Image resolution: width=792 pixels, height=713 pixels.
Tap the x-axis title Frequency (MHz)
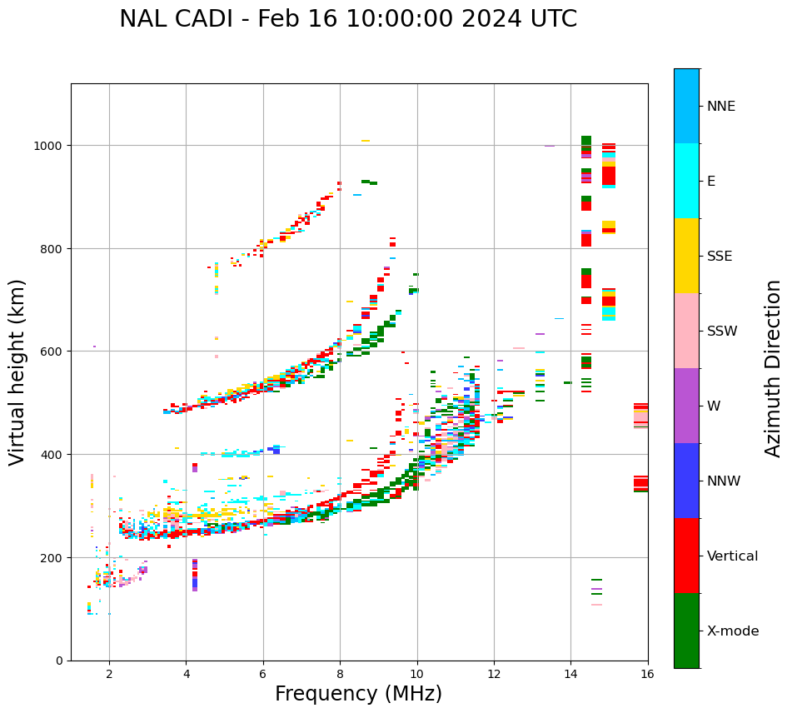[x=358, y=694]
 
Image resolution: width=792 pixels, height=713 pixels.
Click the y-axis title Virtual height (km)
[x=18, y=371]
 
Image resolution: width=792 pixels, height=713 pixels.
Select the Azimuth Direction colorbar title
[x=774, y=368]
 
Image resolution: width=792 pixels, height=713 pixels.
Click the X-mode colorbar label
[x=733, y=631]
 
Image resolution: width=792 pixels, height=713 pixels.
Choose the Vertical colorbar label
[x=733, y=556]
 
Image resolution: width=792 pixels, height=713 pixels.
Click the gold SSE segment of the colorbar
[x=686, y=256]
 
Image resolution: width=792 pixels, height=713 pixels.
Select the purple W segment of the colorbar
[x=686, y=406]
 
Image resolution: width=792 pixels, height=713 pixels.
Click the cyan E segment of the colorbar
[x=686, y=181]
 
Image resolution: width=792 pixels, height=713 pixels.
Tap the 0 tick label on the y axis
[x=59, y=661]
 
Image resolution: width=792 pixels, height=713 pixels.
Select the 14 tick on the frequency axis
[x=570, y=675]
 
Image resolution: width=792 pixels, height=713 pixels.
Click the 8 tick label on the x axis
[x=340, y=675]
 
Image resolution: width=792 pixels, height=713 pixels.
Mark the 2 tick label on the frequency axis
[x=109, y=675]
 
